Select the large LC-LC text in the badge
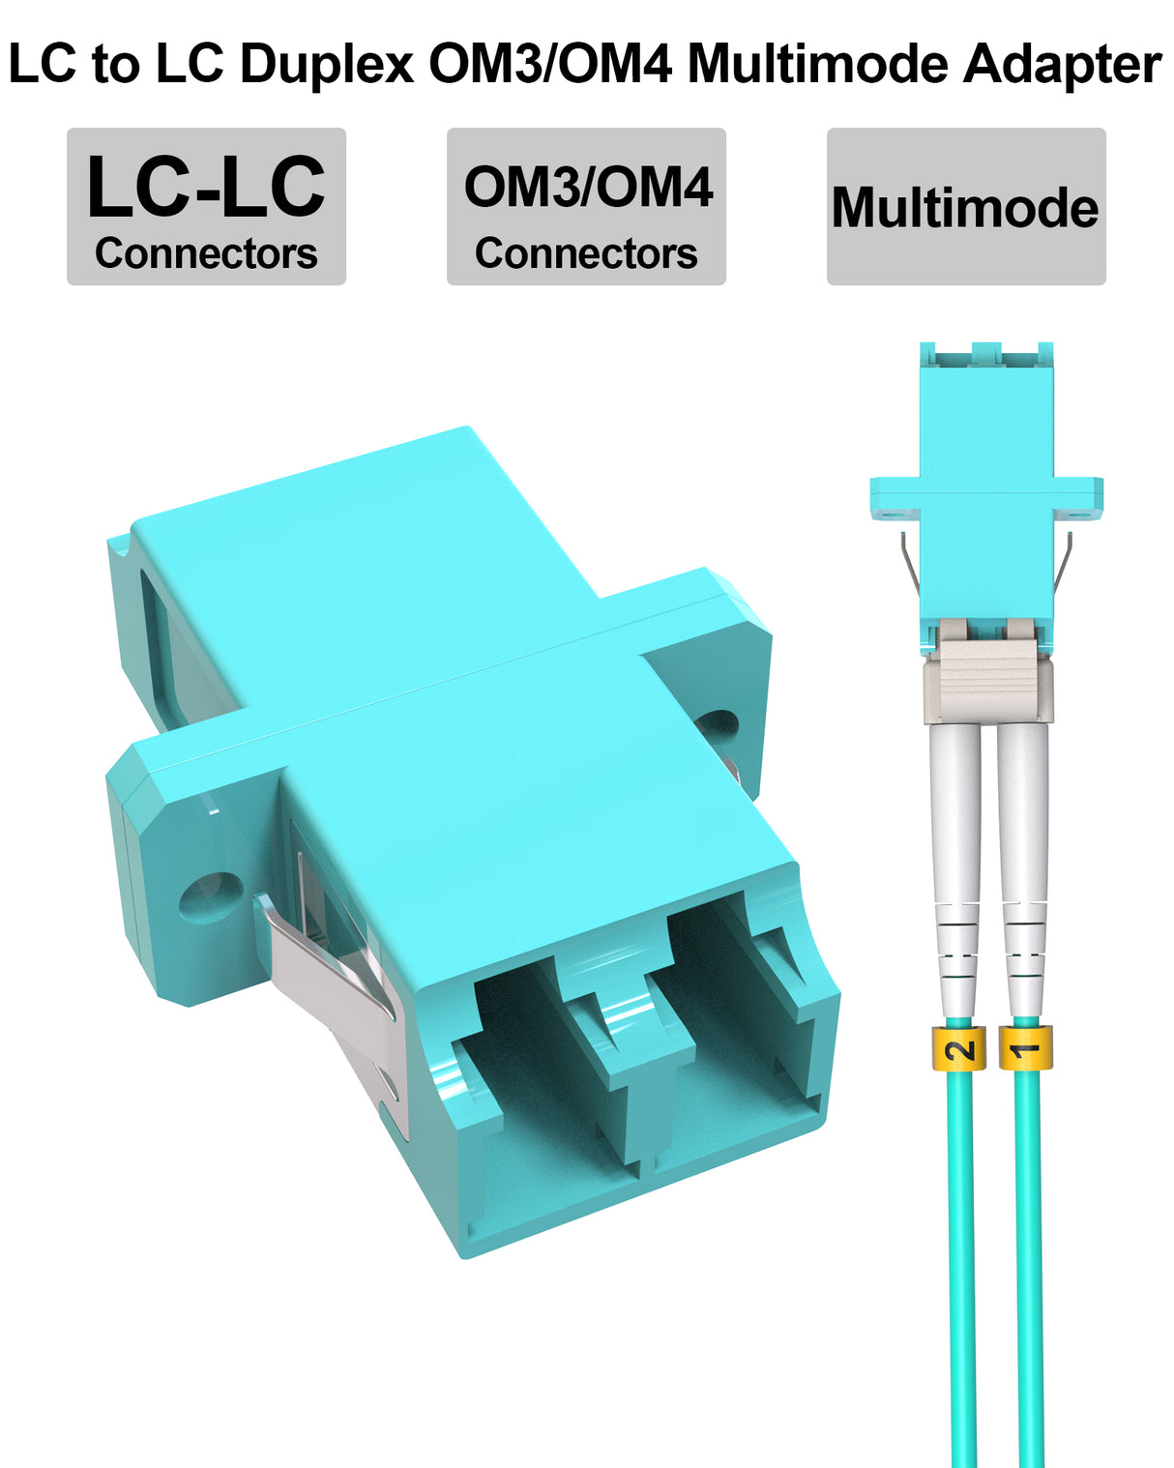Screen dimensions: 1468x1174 (x=206, y=186)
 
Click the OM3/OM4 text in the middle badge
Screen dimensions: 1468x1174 (x=588, y=187)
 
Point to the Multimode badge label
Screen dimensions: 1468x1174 (x=965, y=207)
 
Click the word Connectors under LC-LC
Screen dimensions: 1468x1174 (x=206, y=253)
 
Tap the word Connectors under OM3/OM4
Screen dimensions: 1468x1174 (x=586, y=253)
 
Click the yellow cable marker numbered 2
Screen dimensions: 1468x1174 (x=959, y=1048)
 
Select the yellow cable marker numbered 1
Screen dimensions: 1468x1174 (x=1025, y=1048)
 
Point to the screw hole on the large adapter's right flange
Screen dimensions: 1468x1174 (x=717, y=730)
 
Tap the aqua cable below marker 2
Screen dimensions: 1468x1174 (x=962, y=1257)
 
